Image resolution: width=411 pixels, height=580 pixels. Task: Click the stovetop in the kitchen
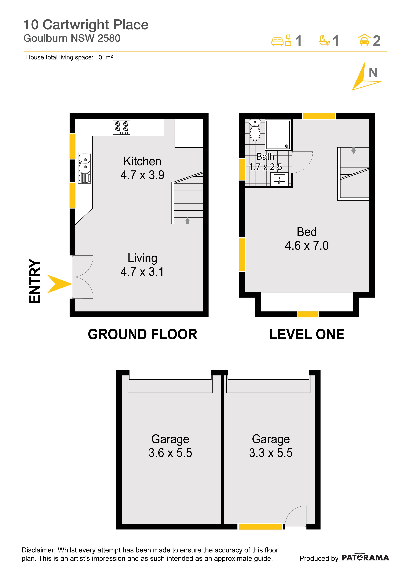(121, 127)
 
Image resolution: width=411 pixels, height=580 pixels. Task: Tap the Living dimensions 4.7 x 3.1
(142, 272)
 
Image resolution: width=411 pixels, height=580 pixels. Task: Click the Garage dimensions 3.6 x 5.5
(170, 453)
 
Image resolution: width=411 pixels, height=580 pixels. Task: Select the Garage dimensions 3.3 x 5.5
(271, 453)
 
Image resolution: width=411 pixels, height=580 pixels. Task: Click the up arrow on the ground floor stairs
(187, 221)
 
